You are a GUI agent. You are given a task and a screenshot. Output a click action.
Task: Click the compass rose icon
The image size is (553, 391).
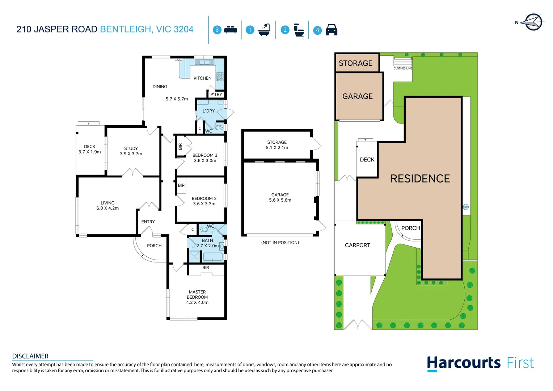pos(533,22)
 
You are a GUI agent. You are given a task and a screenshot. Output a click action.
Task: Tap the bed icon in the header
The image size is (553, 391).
pos(231,30)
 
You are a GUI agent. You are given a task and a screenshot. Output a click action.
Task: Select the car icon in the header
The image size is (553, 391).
pos(331,30)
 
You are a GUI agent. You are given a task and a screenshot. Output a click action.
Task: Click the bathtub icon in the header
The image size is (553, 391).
pos(264,30)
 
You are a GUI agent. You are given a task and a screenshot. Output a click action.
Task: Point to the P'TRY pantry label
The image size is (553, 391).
pos(216,94)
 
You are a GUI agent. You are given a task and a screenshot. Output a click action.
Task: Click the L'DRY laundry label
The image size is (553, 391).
pos(208,111)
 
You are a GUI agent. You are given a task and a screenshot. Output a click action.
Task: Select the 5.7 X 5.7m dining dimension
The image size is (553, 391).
pos(177,99)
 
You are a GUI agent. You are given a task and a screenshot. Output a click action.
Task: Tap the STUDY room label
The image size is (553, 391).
pos(131,148)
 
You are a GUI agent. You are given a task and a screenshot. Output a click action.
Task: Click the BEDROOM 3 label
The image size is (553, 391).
pos(205,155)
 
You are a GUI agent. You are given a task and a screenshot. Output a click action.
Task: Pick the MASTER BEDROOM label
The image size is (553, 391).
pos(197,294)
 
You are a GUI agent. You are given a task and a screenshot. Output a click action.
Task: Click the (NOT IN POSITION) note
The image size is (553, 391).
pos(280,243)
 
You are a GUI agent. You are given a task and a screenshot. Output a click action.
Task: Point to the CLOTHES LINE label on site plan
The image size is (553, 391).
pos(403,68)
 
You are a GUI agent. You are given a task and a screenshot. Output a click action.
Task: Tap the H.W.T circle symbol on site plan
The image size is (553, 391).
pos(466,207)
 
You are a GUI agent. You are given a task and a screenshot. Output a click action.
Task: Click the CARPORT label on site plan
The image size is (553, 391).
pos(358,245)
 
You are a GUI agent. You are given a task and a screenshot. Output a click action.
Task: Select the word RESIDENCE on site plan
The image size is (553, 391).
pos(420,178)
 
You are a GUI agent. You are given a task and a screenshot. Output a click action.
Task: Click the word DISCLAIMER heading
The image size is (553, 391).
pos(30,356)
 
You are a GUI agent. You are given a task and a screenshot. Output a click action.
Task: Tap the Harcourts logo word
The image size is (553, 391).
pos(464,363)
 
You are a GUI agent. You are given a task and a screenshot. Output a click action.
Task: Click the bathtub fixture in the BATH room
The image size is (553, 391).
pos(213,257)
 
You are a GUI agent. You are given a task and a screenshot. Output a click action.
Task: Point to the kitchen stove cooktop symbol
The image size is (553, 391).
pos(220,76)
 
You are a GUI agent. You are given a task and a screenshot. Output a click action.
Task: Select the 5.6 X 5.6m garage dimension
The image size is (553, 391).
pos(280,200)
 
